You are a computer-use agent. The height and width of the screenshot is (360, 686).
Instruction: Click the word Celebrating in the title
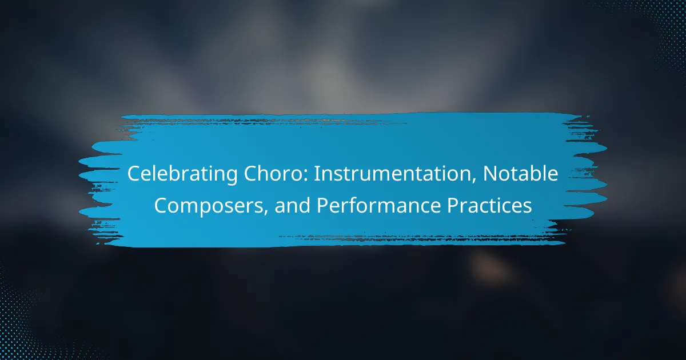[x=182, y=174]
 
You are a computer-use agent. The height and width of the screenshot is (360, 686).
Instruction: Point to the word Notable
[x=520, y=173]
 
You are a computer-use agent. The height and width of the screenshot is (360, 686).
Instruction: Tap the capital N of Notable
[x=490, y=174]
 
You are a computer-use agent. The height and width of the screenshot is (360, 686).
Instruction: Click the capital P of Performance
[x=322, y=205]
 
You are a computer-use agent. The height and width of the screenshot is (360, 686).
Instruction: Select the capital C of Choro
[x=250, y=174]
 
